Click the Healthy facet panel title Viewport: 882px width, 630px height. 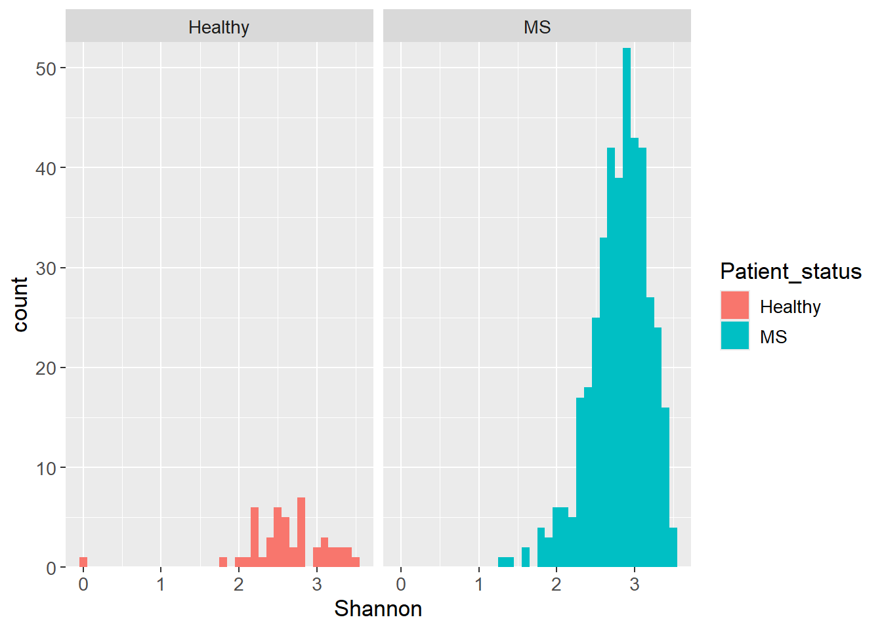219,27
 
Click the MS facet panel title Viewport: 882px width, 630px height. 537,27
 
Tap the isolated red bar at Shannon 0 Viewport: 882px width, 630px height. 83,562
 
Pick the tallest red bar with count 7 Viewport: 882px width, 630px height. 301,532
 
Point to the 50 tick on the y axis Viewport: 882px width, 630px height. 46,68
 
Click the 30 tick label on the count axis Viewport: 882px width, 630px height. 46,268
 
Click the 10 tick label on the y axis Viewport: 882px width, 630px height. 46,468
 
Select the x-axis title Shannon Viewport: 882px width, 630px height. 378,609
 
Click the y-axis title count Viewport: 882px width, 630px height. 20,304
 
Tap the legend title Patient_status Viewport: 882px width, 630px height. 790,271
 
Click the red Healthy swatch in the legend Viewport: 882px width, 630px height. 734,306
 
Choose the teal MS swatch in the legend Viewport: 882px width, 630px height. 734,336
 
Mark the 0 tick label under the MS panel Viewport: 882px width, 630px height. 401,584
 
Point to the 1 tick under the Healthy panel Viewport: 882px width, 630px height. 161,584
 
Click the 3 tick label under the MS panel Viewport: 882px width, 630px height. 634,584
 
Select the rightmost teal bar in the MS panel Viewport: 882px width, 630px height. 673,547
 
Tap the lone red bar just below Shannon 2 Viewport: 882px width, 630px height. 223,562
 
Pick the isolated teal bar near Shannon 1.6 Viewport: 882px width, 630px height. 526,557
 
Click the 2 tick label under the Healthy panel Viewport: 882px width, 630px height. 239,584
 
